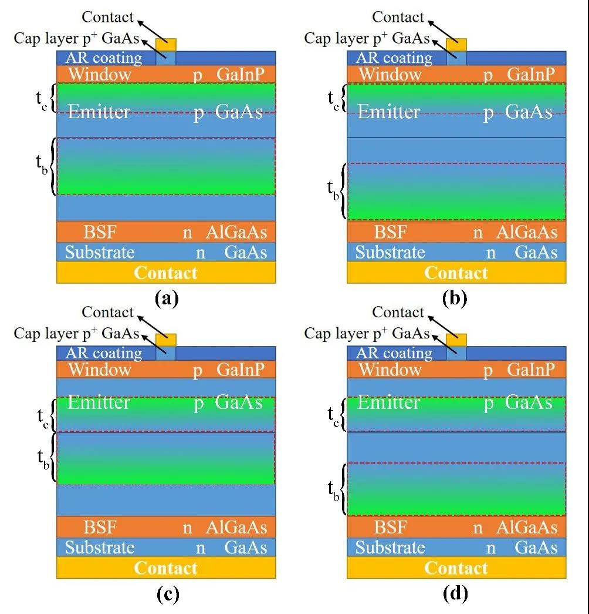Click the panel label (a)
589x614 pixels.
point(166,298)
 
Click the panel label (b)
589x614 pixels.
point(456,298)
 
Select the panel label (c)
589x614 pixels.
point(166,594)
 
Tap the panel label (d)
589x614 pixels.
point(456,594)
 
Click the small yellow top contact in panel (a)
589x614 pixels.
point(165,45)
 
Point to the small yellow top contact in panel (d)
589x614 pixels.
point(456,340)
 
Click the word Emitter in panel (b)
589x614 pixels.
point(389,111)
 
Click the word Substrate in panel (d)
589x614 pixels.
point(390,548)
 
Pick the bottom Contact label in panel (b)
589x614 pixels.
point(456,273)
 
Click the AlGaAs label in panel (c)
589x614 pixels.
point(236,527)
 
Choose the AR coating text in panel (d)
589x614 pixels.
point(394,353)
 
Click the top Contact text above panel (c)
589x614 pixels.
point(108,312)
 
